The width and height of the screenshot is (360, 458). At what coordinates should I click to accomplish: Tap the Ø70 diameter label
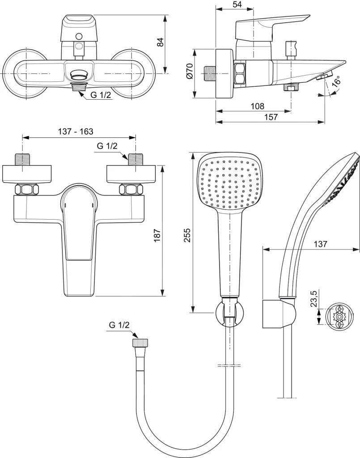point(189,72)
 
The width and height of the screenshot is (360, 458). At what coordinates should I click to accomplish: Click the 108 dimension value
point(257,106)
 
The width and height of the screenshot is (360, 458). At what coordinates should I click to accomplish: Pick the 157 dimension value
point(271,117)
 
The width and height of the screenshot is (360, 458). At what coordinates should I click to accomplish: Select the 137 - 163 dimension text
point(76,131)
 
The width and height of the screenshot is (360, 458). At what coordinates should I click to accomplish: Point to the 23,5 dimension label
point(313,299)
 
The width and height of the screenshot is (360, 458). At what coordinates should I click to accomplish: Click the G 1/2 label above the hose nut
point(119,326)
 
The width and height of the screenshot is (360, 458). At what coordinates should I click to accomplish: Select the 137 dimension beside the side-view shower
point(320,244)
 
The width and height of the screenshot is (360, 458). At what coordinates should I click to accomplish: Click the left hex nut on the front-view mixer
point(25,190)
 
